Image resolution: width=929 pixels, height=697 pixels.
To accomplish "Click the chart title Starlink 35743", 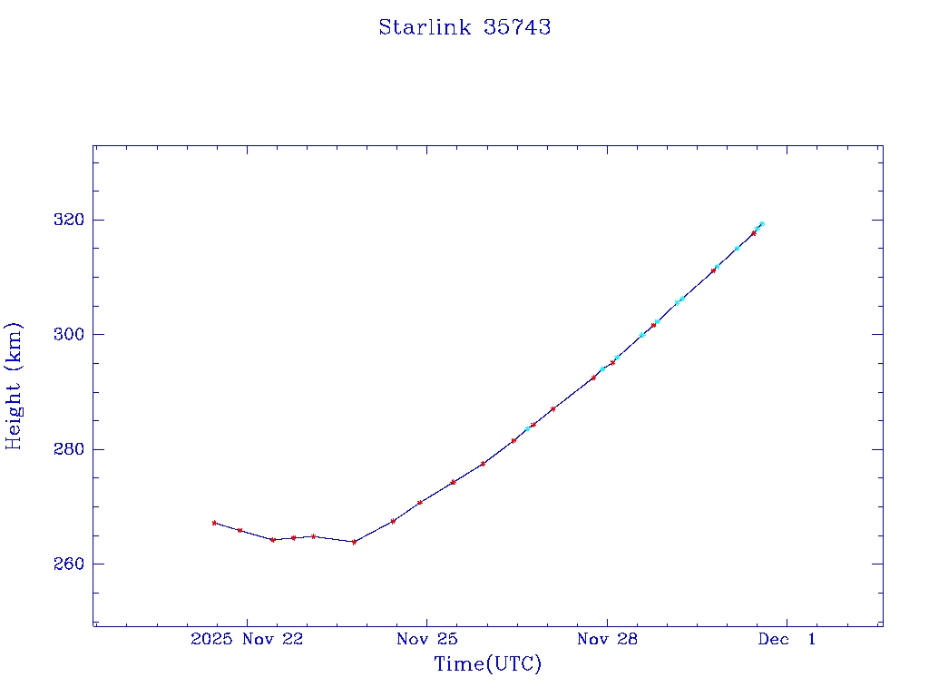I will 464,27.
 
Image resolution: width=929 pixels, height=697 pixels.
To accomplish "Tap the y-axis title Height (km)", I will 15,385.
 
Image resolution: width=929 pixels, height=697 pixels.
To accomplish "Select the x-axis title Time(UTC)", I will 487,664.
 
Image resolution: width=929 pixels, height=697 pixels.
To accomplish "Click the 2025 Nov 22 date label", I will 247,640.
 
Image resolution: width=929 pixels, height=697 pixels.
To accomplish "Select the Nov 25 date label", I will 426,640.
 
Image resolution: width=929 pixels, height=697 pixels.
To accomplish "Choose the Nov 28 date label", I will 607,640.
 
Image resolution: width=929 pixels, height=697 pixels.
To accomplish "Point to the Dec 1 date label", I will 787,640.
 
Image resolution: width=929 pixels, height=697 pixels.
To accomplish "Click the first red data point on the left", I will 214,523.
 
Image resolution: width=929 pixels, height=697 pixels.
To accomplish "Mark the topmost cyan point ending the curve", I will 762,223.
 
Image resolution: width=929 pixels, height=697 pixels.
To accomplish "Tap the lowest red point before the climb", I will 354,542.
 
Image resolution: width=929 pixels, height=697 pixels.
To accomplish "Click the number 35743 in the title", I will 517,27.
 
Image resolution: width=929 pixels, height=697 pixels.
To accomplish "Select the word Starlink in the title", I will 425,27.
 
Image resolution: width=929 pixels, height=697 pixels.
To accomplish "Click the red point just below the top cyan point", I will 754,233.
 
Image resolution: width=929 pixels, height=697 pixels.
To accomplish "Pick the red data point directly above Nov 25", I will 420,502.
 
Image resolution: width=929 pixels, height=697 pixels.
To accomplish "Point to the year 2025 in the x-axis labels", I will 210,640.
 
